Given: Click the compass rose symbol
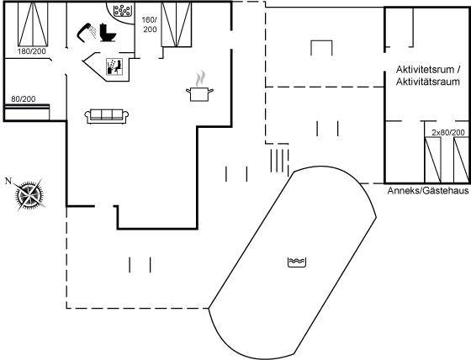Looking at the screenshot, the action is point(29,195).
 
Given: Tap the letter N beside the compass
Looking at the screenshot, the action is point(8,181).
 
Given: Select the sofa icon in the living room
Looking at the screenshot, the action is point(107,116).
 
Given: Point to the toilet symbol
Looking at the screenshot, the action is point(108,33).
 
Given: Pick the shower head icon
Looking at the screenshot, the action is point(87,31).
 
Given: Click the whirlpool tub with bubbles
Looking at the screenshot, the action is point(122,11).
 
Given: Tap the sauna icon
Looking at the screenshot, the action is point(114,66).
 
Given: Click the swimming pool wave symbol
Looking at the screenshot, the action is point(297,262).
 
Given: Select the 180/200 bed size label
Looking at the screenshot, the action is point(32,51).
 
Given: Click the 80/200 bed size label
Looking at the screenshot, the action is point(24,98).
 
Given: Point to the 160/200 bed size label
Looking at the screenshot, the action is point(150,24).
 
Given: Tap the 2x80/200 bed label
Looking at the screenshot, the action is point(448,132).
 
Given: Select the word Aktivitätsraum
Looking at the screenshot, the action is point(428,82).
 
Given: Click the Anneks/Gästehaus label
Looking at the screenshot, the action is point(428,191).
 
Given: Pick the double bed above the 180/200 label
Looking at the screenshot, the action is point(33,24).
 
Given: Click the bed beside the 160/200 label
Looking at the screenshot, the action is point(177,24).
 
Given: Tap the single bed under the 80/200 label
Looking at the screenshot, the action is point(27,112).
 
